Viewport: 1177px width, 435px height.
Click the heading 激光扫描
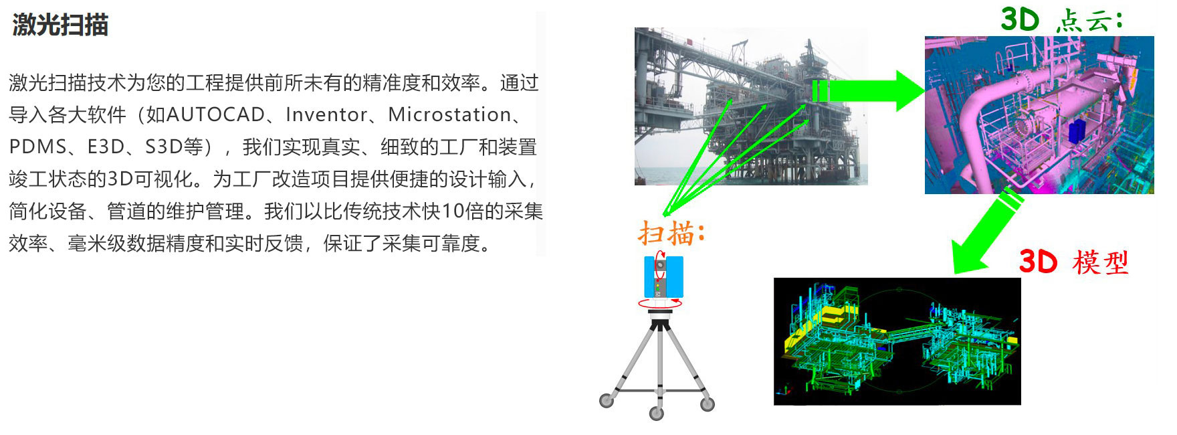[60, 25]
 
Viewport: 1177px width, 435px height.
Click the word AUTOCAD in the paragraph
[215, 115]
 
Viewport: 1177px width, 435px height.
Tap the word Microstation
[449, 115]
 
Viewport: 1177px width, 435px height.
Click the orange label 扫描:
[671, 234]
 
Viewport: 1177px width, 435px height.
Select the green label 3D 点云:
[1061, 19]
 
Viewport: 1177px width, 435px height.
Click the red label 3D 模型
[1073, 262]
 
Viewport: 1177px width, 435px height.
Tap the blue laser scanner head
[663, 276]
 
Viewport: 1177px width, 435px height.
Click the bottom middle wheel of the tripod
[657, 413]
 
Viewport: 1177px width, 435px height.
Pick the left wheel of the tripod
[607, 400]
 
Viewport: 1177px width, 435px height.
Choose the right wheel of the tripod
[708, 403]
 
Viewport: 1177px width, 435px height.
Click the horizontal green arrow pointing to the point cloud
[868, 91]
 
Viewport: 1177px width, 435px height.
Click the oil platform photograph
[751, 106]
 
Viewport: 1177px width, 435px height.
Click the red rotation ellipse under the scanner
[660, 303]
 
